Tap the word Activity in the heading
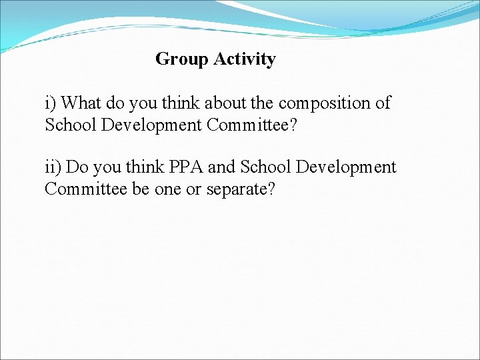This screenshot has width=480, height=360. (x=245, y=59)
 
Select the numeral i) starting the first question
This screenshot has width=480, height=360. (x=51, y=103)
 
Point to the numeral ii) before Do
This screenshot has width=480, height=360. (x=53, y=167)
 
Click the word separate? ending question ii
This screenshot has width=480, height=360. (x=241, y=189)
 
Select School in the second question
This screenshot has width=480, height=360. (x=265, y=167)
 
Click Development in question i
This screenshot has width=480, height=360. (x=147, y=125)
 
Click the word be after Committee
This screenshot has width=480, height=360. (x=141, y=189)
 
